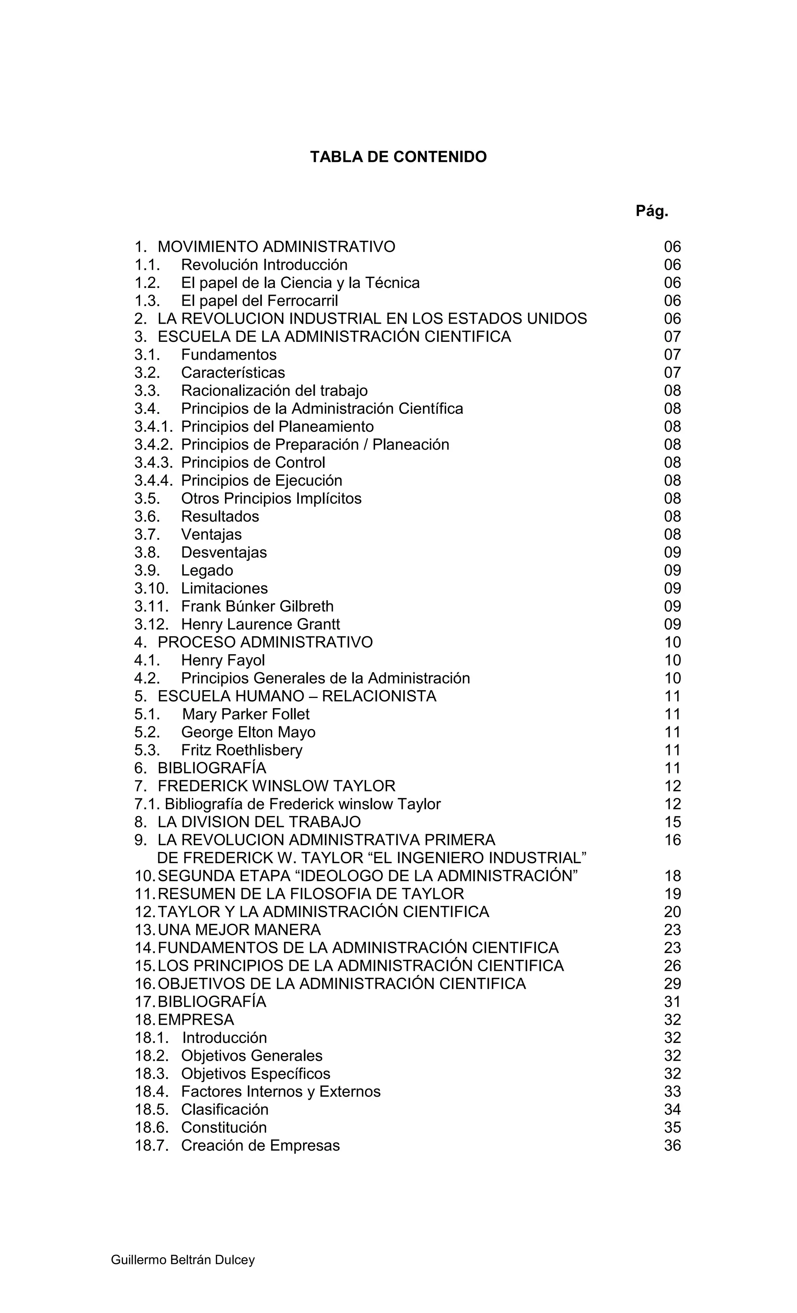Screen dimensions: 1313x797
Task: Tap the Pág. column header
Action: click(x=651, y=211)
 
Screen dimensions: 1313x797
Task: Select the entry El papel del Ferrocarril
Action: click(x=260, y=301)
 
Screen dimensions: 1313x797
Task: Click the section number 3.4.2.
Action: click(x=153, y=445)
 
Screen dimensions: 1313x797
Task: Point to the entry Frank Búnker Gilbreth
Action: click(x=257, y=606)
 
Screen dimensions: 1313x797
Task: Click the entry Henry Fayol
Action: click(x=223, y=660)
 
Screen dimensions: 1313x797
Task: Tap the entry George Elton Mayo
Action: click(x=248, y=732)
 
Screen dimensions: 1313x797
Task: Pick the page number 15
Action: click(x=672, y=822)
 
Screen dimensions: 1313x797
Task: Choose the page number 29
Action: click(x=672, y=984)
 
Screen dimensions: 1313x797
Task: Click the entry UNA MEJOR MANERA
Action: click(x=239, y=930)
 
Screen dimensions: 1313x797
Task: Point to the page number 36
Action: click(x=672, y=1146)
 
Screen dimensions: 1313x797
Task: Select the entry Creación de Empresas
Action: click(x=260, y=1146)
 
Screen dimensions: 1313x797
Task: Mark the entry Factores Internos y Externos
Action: click(x=281, y=1092)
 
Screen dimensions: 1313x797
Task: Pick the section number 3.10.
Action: click(x=151, y=588)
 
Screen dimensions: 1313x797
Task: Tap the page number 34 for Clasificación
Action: click(x=672, y=1109)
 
